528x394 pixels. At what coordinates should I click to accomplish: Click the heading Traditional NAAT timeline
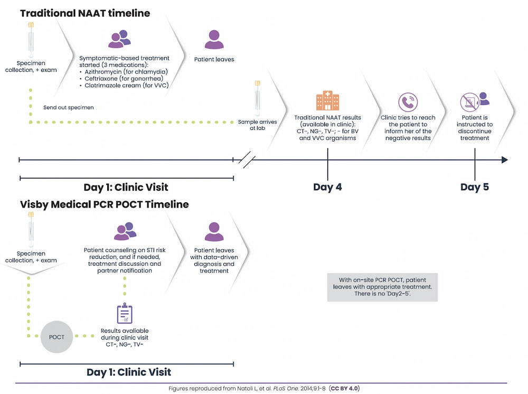click(85, 13)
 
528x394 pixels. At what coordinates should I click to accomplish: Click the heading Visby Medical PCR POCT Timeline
click(104, 204)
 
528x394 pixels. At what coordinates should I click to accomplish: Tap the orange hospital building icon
click(327, 101)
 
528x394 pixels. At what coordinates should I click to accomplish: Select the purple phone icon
click(408, 102)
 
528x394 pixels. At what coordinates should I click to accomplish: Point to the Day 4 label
click(327, 187)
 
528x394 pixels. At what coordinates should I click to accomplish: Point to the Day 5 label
click(475, 187)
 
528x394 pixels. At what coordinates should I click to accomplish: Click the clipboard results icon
click(125, 314)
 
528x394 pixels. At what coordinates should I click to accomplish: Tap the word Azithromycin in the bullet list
click(103, 71)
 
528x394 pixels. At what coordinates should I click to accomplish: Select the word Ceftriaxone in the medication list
click(102, 78)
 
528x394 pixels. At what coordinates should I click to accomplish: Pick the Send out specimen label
click(69, 107)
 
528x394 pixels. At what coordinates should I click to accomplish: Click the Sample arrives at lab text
click(257, 125)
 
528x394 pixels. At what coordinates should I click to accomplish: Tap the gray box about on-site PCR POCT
click(382, 287)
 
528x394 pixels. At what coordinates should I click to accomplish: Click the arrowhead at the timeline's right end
click(504, 160)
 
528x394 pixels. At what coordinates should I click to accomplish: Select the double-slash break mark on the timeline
click(247, 160)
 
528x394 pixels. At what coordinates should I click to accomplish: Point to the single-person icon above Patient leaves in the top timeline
click(213, 40)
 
